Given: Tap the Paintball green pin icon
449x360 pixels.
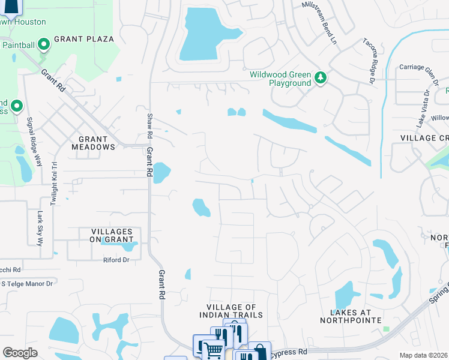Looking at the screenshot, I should point(43,44).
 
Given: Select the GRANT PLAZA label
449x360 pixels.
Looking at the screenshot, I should point(84,39).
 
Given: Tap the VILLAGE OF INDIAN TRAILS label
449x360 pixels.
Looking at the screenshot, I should point(231,311).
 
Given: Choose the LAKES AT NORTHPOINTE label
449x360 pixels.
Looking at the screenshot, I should point(356,316).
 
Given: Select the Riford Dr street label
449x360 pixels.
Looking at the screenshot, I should point(116,260).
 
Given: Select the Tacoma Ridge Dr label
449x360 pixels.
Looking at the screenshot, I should point(369,61).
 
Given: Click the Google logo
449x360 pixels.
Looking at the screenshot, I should point(20,353).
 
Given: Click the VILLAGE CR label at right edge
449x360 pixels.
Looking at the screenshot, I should point(424,138).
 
